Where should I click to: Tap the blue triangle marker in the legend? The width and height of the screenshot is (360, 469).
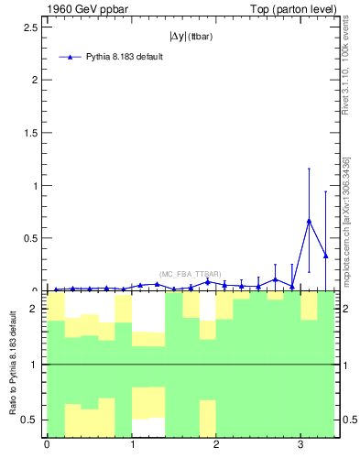coord(70,57)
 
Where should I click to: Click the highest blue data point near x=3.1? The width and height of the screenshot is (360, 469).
coord(310,221)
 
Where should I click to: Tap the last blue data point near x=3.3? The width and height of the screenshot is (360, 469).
coord(326,256)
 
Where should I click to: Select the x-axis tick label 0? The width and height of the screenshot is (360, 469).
coord(47,445)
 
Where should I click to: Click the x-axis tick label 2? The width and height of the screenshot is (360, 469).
coord(216,445)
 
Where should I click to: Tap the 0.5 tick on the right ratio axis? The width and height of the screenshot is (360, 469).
coord(349,420)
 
